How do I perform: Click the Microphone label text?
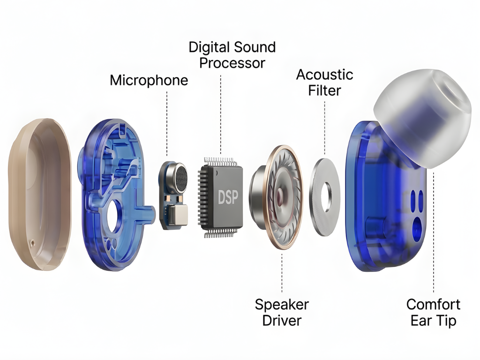coord(149,80)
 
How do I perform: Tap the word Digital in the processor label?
coord(209,47)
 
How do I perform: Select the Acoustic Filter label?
coord(324,82)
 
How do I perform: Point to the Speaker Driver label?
coord(281,312)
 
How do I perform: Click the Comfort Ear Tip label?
coord(433,312)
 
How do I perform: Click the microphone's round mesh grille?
coord(180,177)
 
